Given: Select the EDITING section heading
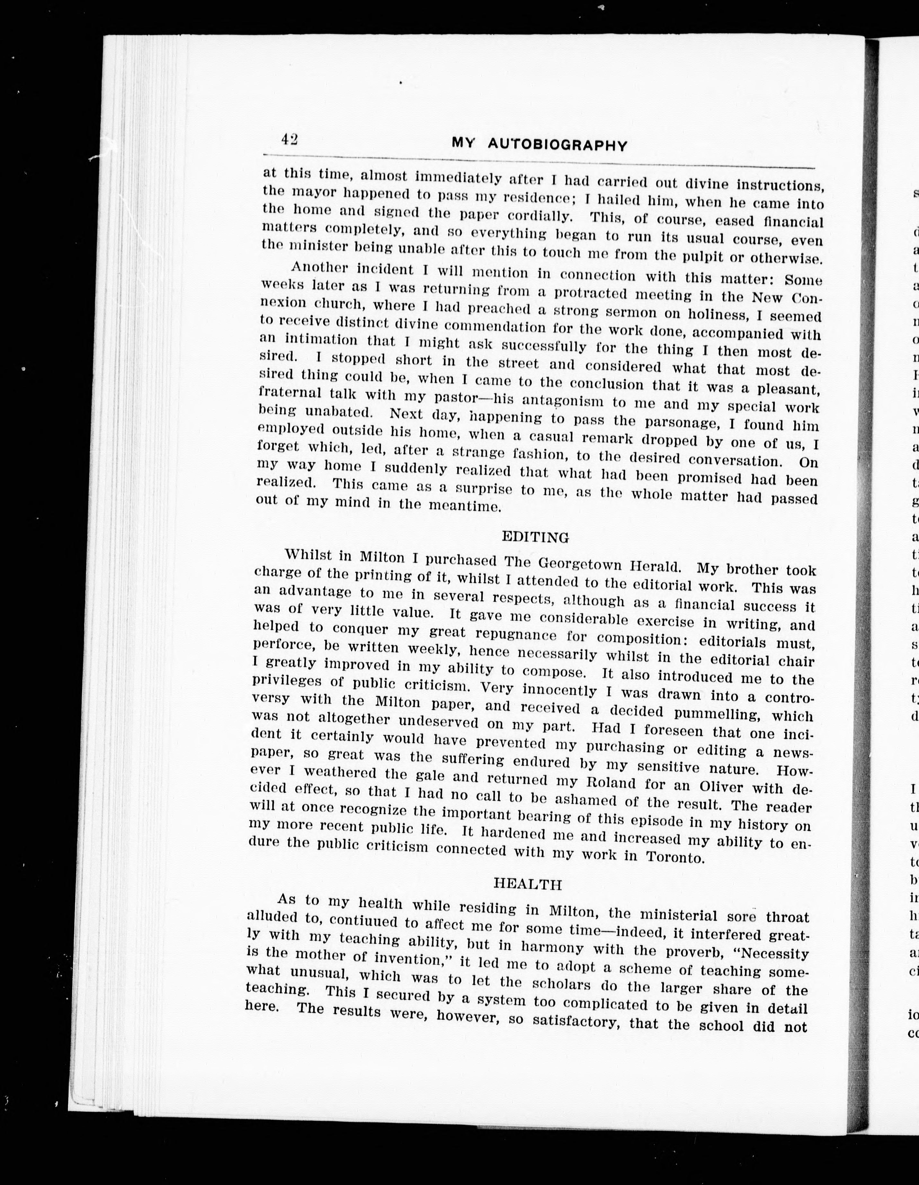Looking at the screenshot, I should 535,537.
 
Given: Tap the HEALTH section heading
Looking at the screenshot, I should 527,884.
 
